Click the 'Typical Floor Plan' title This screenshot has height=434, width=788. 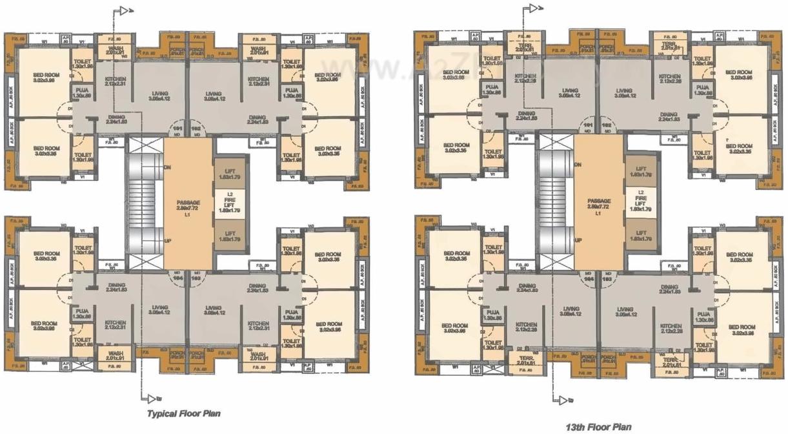[184, 413]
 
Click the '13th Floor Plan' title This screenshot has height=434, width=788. [598, 427]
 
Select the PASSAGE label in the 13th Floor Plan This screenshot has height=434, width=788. [599, 201]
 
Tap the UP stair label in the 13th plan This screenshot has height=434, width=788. [579, 240]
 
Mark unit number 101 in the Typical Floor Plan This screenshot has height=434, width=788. [177, 129]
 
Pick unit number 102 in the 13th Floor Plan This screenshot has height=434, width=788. [607, 124]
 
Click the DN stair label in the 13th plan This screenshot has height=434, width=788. [579, 164]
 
